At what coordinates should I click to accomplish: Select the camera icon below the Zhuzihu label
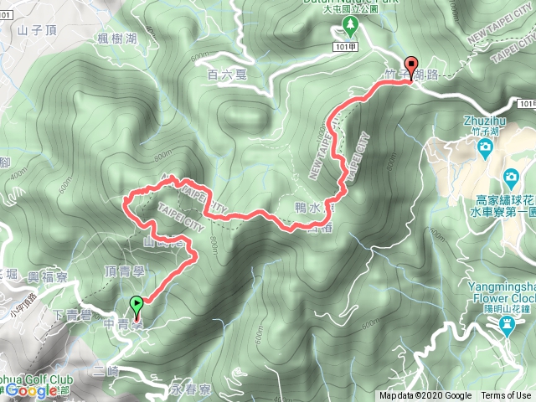485,148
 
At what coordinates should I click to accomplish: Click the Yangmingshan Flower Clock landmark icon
507,328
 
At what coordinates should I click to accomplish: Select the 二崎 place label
107,368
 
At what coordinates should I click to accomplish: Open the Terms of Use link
506,396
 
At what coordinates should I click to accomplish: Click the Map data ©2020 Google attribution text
425,396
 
